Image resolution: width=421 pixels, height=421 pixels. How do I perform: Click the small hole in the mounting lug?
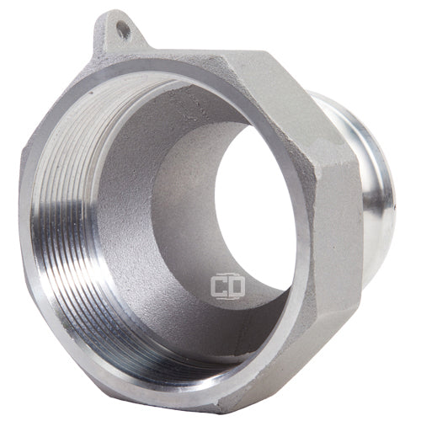click(123, 30)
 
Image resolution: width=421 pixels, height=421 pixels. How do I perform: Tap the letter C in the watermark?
click(219, 286)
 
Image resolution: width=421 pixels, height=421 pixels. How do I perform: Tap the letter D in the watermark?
click(237, 286)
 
